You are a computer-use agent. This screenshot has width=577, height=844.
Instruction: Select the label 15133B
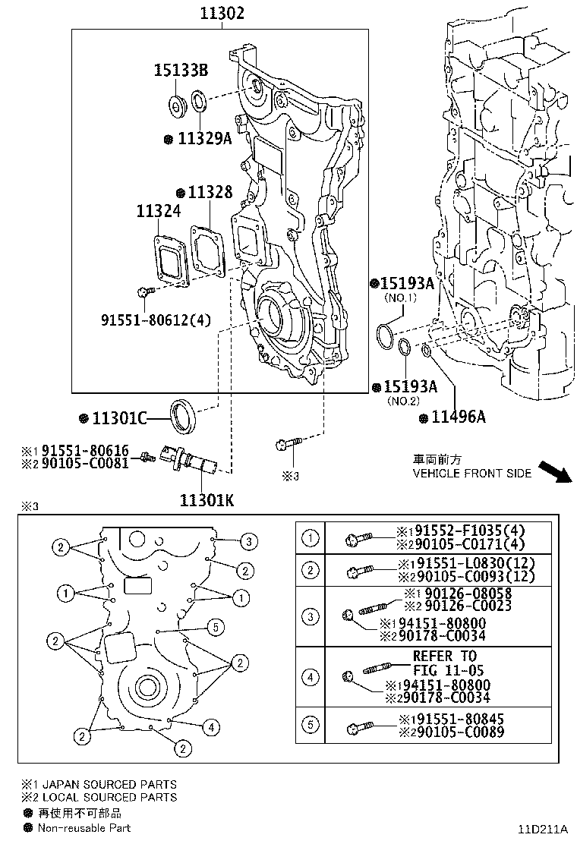click(x=181, y=71)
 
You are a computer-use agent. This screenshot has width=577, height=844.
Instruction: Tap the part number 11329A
click(x=204, y=139)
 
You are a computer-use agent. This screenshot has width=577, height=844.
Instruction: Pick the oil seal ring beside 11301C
click(x=183, y=414)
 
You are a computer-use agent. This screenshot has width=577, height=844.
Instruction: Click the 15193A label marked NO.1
click(x=407, y=284)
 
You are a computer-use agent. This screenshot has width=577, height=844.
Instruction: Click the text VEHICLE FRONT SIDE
click(x=471, y=473)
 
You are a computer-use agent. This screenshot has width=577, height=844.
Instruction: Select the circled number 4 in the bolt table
click(x=311, y=676)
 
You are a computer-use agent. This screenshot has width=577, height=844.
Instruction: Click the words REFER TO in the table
click(x=444, y=656)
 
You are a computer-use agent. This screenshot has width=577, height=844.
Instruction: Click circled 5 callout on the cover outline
click(x=216, y=626)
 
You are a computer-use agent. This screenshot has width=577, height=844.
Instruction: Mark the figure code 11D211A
click(x=544, y=829)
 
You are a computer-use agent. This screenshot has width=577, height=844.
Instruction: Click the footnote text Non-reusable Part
click(x=84, y=828)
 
